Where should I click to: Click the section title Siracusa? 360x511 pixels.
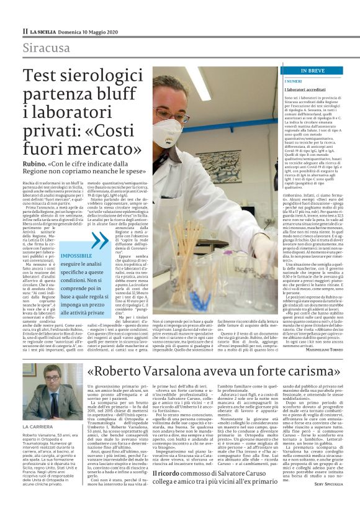46,48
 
